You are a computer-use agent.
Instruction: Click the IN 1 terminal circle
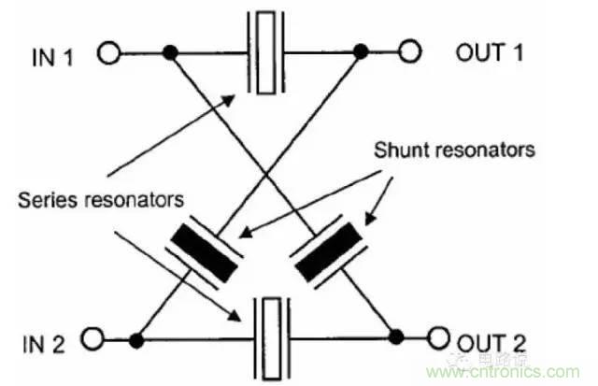109,52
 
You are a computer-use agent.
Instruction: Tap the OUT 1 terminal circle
409,52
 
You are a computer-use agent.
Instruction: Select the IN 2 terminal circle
93,336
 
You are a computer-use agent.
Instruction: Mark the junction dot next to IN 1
169,52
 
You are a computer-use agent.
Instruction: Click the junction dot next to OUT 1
361,52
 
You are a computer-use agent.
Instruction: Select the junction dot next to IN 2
138,336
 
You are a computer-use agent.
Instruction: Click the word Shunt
399,150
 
